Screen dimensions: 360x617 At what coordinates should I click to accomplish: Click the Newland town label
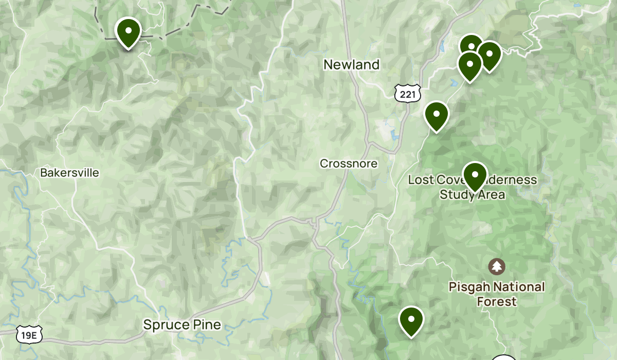point(351,65)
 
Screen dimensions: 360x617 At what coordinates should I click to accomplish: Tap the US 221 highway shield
point(408,93)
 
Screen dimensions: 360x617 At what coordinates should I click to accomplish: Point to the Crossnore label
point(349,164)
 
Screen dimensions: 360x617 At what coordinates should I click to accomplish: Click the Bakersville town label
point(69,173)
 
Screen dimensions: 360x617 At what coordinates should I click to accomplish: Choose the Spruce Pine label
point(182,325)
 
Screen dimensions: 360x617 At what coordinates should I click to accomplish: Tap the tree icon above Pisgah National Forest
point(497,266)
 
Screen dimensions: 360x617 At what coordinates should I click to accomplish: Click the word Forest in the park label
point(497,301)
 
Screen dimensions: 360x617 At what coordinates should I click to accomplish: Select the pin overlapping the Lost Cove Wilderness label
point(475,175)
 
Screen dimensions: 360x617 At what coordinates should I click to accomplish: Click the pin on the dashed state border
point(128,32)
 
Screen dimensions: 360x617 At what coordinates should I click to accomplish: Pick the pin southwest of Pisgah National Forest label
point(411,320)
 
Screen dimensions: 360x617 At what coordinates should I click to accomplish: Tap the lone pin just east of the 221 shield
point(436,115)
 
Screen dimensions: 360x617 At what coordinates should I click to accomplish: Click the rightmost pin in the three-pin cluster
point(489,55)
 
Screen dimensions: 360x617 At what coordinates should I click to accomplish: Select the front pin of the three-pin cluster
point(469,65)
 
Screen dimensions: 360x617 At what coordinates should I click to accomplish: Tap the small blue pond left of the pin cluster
point(442,48)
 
